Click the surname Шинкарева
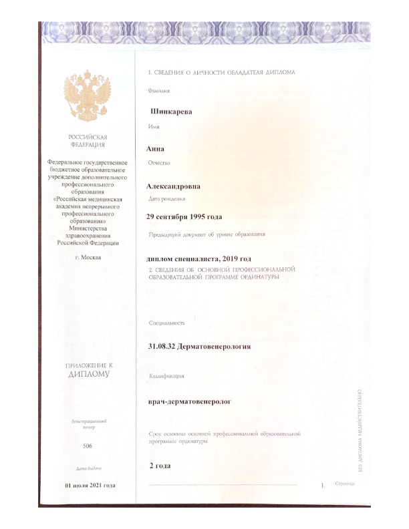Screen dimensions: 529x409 [172, 112]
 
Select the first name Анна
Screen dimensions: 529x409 [155, 148]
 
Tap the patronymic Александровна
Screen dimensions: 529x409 [173, 186]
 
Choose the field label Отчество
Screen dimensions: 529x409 [159, 162]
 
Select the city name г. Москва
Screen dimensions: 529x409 [88, 258]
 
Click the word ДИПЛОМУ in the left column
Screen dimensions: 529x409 [88, 375]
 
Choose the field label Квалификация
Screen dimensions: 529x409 [166, 377]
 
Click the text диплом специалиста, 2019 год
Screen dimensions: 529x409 [198, 258]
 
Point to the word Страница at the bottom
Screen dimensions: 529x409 [346, 484]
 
